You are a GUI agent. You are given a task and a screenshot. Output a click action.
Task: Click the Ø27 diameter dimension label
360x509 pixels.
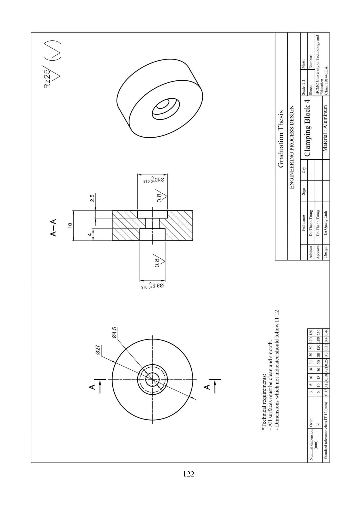[98, 349]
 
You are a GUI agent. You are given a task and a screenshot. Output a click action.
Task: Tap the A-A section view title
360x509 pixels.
[54, 228]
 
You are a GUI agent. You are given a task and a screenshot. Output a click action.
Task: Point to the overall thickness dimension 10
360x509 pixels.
[70, 226]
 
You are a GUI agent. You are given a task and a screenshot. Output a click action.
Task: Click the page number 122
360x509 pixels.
[188, 474]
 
